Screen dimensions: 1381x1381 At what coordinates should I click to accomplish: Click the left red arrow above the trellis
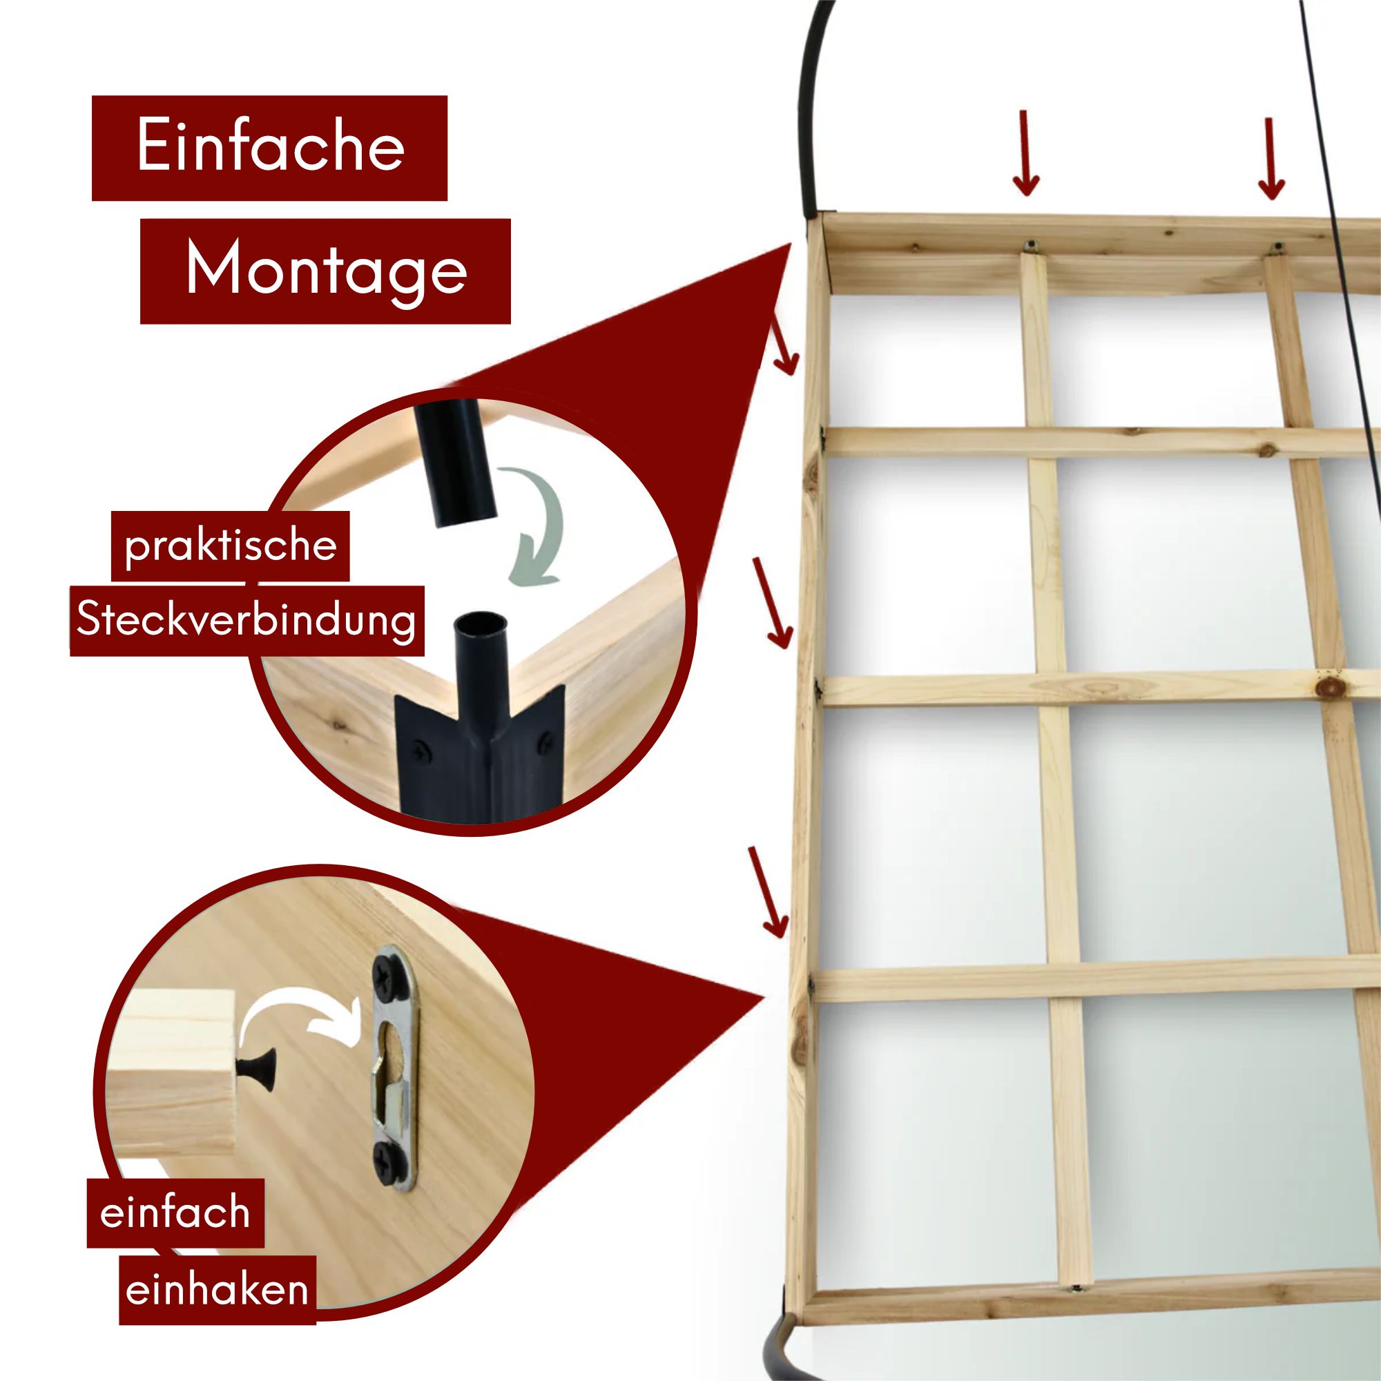click(1026, 153)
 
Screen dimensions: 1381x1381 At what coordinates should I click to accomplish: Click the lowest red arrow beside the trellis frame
click(769, 891)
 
